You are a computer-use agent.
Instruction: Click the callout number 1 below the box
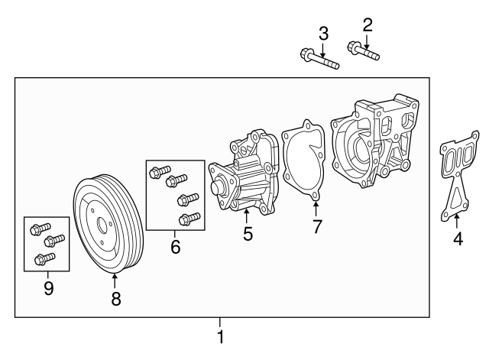(x=220, y=337)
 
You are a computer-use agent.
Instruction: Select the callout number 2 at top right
(x=368, y=24)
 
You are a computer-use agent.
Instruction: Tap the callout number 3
(x=323, y=33)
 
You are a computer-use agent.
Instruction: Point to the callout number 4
(x=457, y=238)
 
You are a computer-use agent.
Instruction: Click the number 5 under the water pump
(x=248, y=234)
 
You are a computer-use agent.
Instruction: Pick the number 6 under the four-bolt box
(x=176, y=248)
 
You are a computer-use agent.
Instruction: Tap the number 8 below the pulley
(x=116, y=300)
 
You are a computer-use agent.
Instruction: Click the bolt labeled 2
(x=363, y=51)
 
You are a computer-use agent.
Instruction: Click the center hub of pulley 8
(x=101, y=225)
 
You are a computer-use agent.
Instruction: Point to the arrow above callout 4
(x=457, y=221)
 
